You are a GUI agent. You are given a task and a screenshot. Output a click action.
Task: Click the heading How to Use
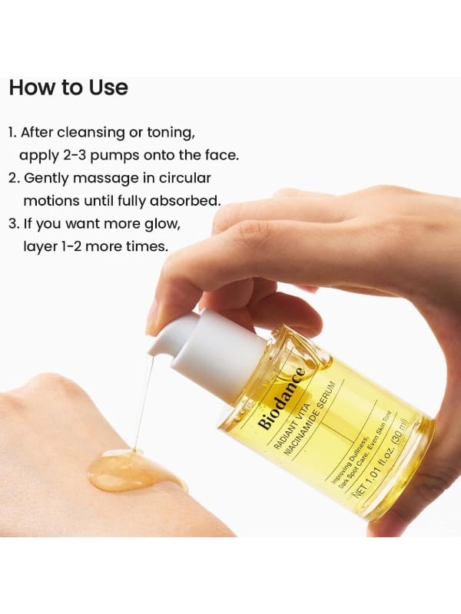(x=68, y=87)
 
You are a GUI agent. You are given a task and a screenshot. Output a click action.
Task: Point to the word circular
(x=184, y=178)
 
